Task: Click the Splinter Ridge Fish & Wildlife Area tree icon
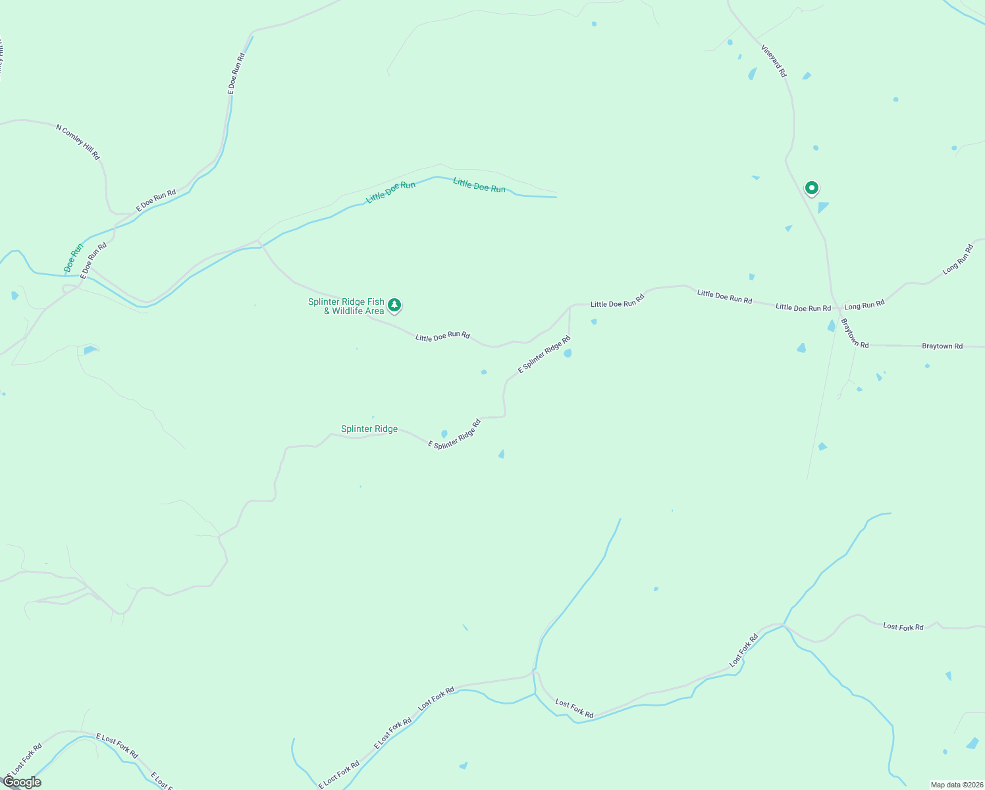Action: (394, 305)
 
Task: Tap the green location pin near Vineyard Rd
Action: (812, 188)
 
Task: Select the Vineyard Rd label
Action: (774, 61)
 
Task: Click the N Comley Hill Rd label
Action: (78, 142)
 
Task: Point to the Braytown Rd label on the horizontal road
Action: (942, 346)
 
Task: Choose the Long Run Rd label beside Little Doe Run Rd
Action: (865, 305)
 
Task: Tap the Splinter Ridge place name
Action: (369, 429)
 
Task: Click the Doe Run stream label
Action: (74, 258)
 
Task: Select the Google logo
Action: (22, 782)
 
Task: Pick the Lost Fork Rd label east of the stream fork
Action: (903, 627)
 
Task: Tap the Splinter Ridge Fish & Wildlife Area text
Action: (346, 306)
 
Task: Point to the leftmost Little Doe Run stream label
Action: (390, 192)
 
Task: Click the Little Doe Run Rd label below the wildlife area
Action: (442, 336)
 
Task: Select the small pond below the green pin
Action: (822, 207)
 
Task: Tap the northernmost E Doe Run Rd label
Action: (236, 73)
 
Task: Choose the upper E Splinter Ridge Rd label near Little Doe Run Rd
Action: (543, 355)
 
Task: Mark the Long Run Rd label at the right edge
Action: (957, 259)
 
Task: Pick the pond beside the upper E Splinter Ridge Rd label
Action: (568, 354)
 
